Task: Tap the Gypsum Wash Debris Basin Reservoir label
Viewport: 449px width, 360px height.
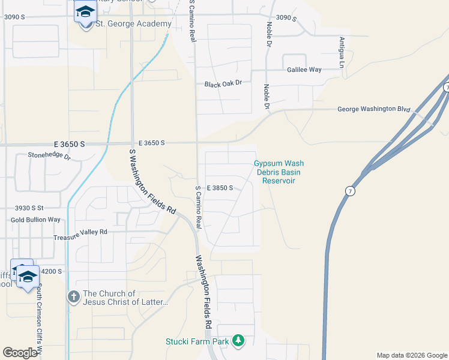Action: click(x=279, y=172)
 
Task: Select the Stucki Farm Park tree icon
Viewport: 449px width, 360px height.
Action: click(x=238, y=341)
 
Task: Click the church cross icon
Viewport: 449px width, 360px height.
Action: click(x=73, y=297)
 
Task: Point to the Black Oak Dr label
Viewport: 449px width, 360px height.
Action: click(x=223, y=84)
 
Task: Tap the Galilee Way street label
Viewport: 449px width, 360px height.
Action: click(x=304, y=70)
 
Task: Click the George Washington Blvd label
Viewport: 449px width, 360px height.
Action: click(x=373, y=109)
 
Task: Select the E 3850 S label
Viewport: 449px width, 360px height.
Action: click(x=220, y=188)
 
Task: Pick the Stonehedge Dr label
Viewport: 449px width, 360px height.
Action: click(x=49, y=157)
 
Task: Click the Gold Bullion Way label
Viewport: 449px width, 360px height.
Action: click(x=35, y=220)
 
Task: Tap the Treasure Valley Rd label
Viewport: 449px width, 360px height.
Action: click(x=80, y=232)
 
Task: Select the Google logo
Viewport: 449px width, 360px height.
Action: click(x=20, y=352)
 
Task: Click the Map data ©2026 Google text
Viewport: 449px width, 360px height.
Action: click(x=411, y=355)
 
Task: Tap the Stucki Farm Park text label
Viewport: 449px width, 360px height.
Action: click(x=197, y=341)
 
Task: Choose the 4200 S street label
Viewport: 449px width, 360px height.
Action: click(x=52, y=271)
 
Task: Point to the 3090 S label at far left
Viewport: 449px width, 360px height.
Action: click(x=14, y=17)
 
